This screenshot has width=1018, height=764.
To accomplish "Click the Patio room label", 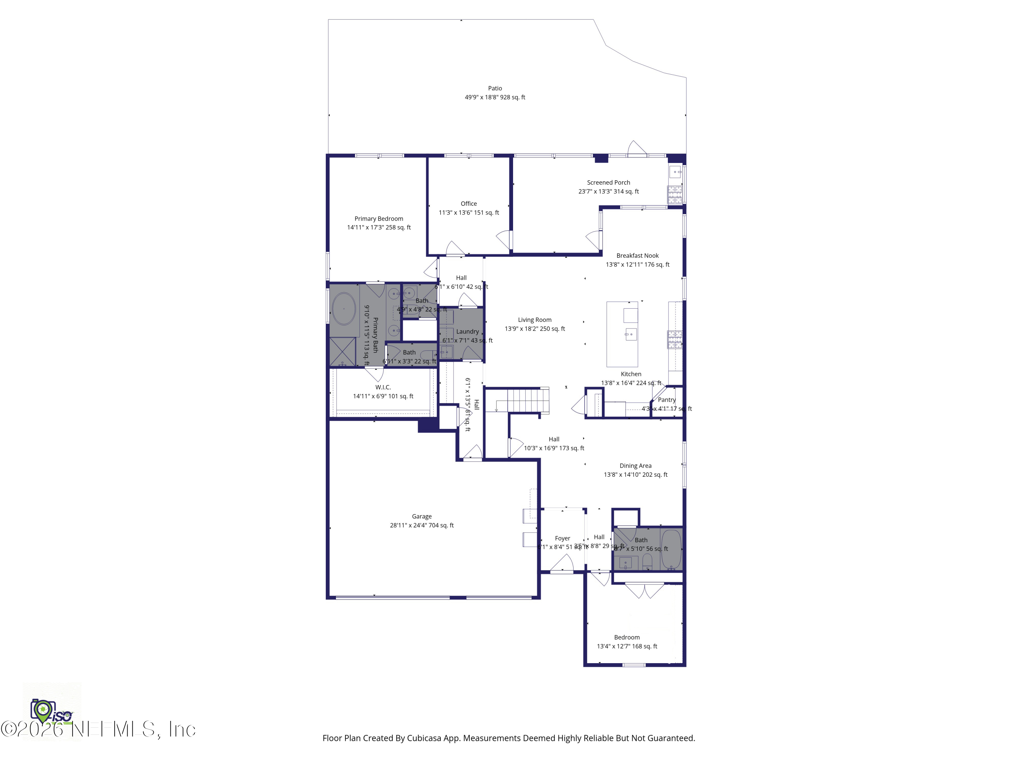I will tap(495, 88).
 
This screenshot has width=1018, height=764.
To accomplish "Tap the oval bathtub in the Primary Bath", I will tap(343, 309).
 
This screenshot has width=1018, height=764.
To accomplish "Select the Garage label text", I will tap(421, 516).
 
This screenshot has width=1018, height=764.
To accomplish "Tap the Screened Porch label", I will tap(608, 182).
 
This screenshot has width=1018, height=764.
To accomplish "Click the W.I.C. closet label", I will tap(383, 387).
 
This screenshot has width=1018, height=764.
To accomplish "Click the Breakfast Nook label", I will tap(637, 256).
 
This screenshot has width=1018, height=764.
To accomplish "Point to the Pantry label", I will tap(666, 400).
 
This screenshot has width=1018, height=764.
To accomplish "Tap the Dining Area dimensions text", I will tap(636, 474).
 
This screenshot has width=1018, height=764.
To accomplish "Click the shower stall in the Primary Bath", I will tap(342, 351).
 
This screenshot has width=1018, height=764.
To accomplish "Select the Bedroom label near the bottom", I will tap(627, 637).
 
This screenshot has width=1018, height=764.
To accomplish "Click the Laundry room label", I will tap(468, 331).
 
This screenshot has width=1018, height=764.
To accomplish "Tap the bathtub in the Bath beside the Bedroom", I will tap(671, 549).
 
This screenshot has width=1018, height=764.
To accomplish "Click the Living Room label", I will tap(534, 320).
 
